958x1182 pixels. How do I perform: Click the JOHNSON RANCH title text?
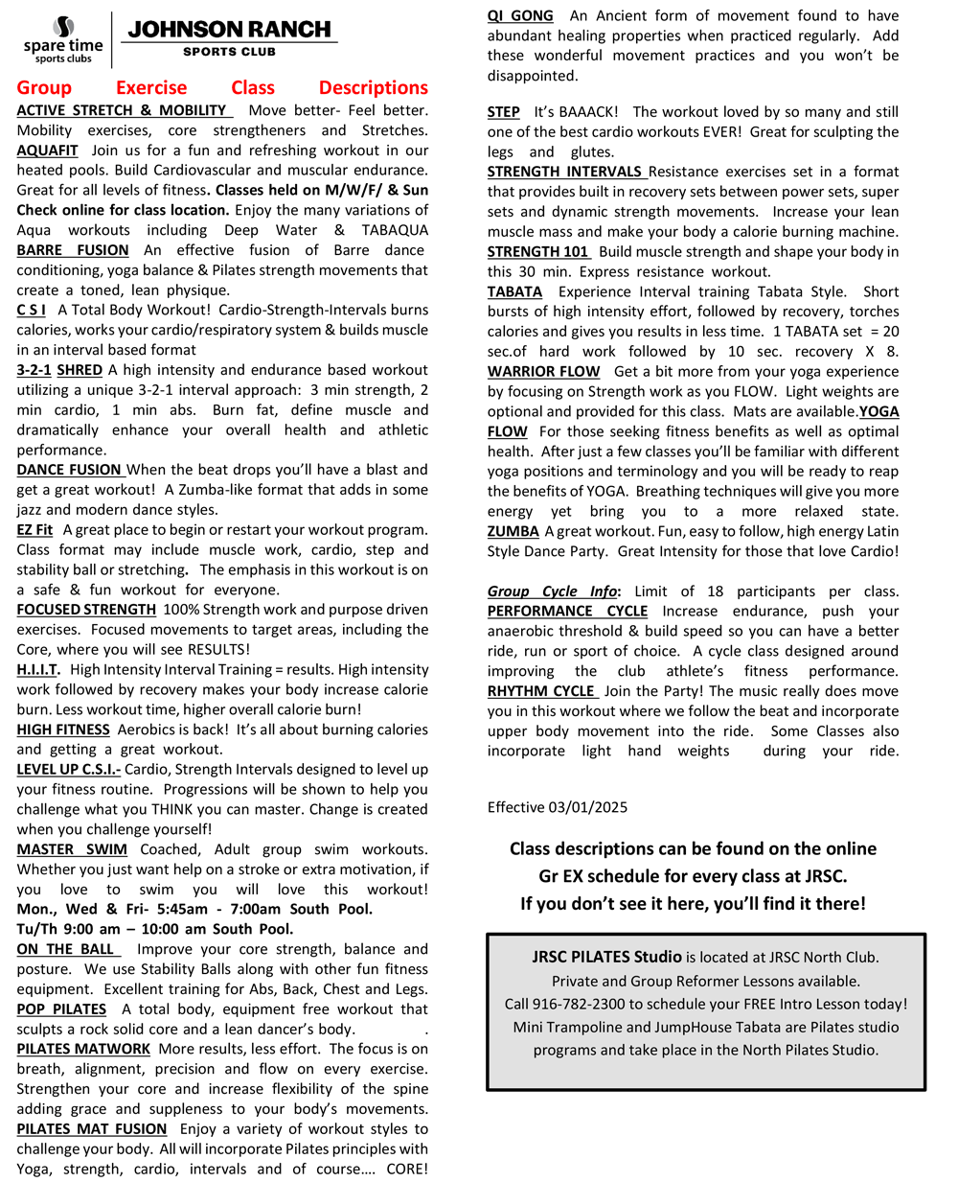tap(229, 30)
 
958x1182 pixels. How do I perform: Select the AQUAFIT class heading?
tap(47, 151)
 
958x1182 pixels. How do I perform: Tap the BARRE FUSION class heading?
tap(73, 250)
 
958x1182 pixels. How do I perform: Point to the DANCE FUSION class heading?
tap(69, 470)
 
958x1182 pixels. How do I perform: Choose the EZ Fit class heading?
tap(34, 530)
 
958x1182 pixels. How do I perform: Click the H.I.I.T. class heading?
tap(37, 670)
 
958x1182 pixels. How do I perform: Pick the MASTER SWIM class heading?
tap(72, 849)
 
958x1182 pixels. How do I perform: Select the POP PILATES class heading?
tap(61, 1009)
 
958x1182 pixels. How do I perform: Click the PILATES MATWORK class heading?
tap(83, 1049)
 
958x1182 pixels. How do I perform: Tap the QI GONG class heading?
tap(520, 16)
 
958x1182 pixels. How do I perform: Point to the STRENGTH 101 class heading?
tap(538, 252)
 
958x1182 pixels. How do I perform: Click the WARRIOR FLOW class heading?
tap(543, 372)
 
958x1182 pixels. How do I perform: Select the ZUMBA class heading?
tap(513, 531)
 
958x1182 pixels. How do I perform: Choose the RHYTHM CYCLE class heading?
tap(542, 691)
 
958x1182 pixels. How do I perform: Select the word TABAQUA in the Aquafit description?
tap(395, 230)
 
